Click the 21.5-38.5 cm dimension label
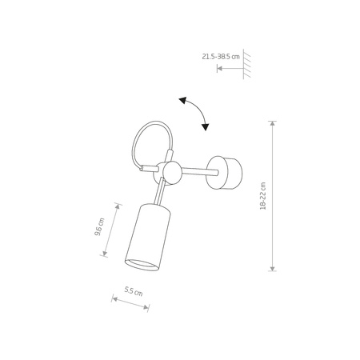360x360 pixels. pyautogui.click(x=221, y=57)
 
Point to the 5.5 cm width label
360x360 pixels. pyautogui.click(x=133, y=292)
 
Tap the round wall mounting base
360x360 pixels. pyautogui.click(x=229, y=174)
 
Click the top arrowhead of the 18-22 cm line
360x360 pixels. pyautogui.click(x=273, y=123)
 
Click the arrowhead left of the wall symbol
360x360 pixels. pyautogui.click(x=219, y=70)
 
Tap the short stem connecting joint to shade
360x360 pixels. pyautogui.click(x=162, y=192)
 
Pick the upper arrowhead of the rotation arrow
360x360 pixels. pyautogui.click(x=182, y=100)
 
